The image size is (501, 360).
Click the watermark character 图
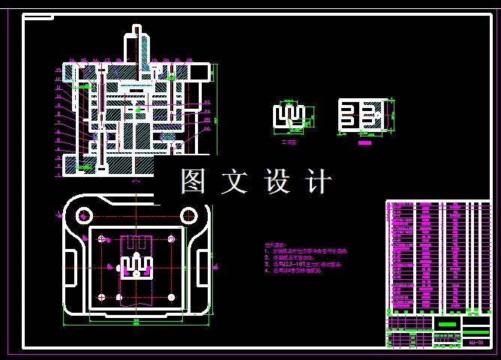coord(193,181)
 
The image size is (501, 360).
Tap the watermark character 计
coord(319,181)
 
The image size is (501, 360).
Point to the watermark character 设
coord(277,181)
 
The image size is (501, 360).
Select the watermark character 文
coord(235,181)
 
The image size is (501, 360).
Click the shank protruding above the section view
coord(136,41)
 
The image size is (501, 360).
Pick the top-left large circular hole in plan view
coord(101,238)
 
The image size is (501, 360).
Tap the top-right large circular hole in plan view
coord(172,238)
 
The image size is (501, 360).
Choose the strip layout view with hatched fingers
coord(364,116)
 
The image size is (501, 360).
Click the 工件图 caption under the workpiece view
coord(289,142)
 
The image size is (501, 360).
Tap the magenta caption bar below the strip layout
coord(365,142)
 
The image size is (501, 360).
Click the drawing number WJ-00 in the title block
coord(475,343)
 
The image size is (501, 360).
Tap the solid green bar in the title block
coord(447,324)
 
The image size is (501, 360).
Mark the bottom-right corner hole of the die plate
coord(172,297)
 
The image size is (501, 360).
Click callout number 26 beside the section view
coord(206,128)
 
